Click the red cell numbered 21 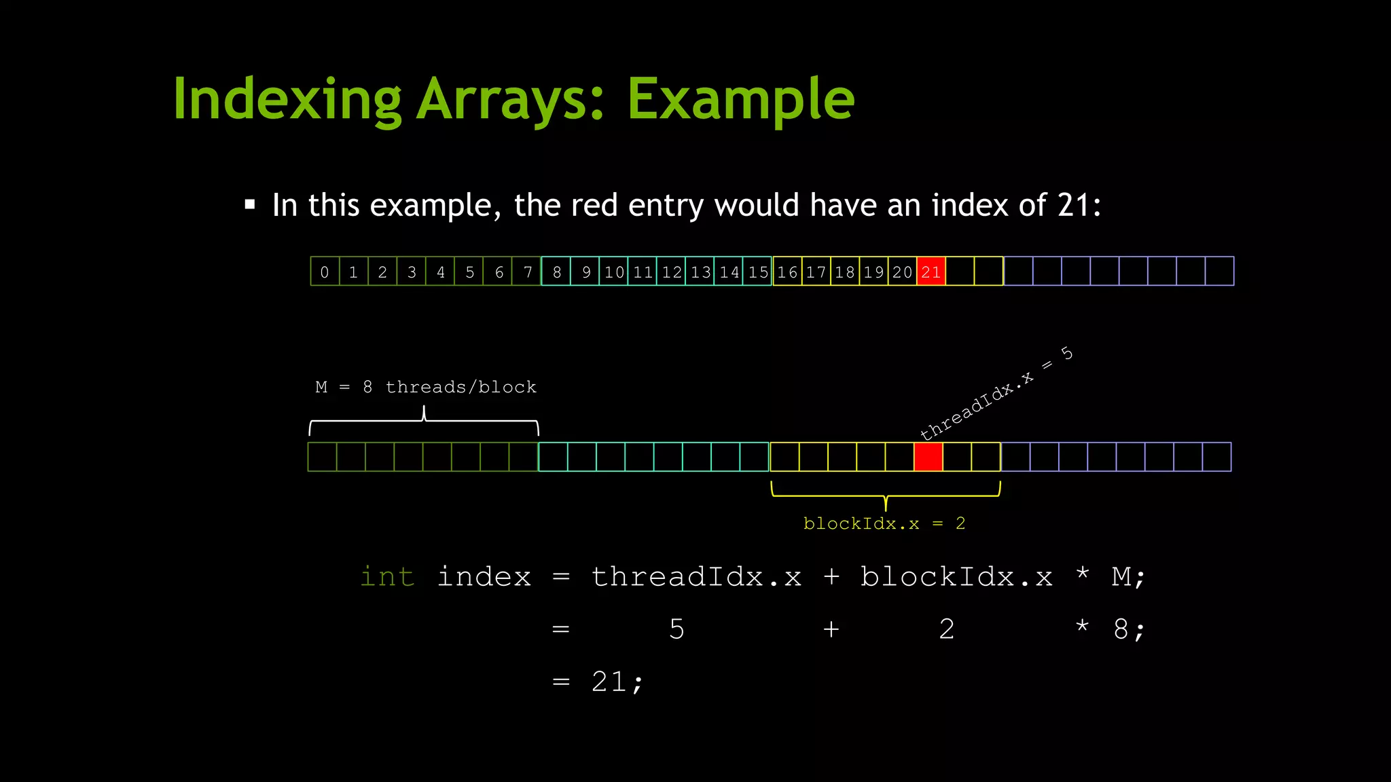coord(931,272)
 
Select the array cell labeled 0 coord(325,272)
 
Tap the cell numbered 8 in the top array coord(556,272)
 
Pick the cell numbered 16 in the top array coord(787,272)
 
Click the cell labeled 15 coord(758,272)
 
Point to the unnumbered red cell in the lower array coord(928,457)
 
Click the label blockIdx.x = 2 coord(884,523)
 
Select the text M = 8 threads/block coord(426,387)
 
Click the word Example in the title coord(740,100)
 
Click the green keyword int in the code coord(387,576)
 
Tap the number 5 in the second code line coord(676,629)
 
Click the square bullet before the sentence coord(250,204)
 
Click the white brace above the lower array coord(424,421)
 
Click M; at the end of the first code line coord(1128,576)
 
